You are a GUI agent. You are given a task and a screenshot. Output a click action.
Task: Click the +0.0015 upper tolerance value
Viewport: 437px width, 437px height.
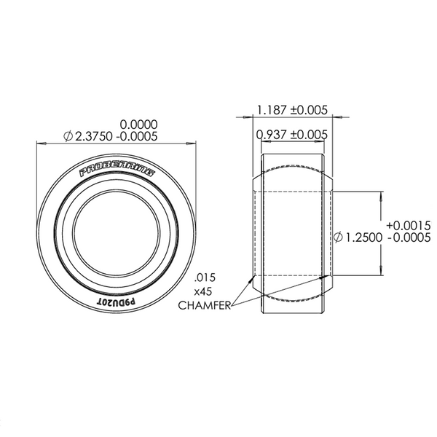[x=409, y=225]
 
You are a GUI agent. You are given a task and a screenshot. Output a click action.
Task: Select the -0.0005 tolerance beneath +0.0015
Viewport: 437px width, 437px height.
[x=410, y=238]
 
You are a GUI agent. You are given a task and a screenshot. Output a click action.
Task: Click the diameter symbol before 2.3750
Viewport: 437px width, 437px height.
[x=68, y=136]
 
